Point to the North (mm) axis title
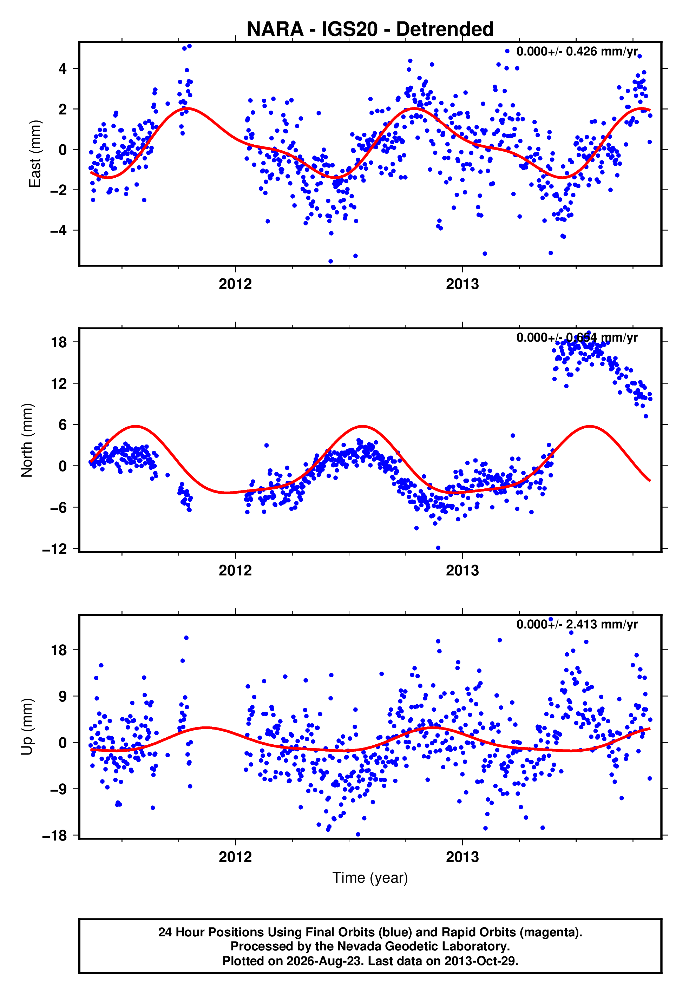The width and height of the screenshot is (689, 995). [x=27, y=440]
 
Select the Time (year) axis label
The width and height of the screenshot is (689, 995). [x=370, y=878]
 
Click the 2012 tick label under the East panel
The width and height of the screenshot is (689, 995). [x=235, y=284]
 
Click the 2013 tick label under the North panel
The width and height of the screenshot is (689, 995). [x=462, y=571]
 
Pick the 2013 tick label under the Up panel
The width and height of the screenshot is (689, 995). [x=462, y=857]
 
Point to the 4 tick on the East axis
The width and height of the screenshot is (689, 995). [x=63, y=68]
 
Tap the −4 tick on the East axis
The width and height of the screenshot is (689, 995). [x=59, y=230]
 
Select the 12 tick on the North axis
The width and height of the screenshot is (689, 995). [x=59, y=383]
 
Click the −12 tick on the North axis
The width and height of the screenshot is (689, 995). [x=54, y=549]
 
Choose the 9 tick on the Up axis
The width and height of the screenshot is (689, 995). [x=63, y=696]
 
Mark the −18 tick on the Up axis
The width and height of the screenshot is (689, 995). [x=54, y=836]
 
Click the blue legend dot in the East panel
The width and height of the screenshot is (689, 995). [x=507, y=51]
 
